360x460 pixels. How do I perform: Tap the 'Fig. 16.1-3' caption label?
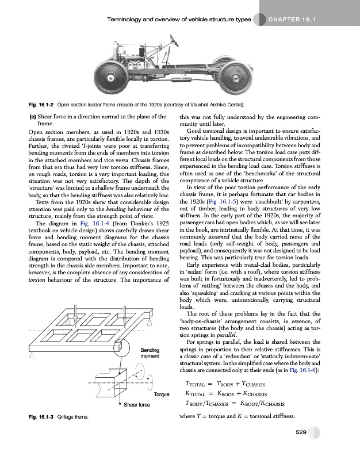coord(33,416)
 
